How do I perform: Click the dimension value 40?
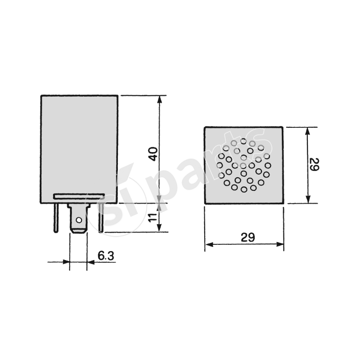coord(153,153)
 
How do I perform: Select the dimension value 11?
coord(153,219)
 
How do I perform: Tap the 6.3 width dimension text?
coord(106,256)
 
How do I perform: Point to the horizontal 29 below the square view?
coord(247,237)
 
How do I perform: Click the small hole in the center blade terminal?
coord(78,220)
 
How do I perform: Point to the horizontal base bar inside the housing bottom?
coord(79,196)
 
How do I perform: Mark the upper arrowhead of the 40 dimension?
coord(159,99)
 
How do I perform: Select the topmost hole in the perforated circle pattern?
coord(243,141)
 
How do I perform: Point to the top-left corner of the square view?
coord(205,127)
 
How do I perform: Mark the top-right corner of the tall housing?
coord(117,95)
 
